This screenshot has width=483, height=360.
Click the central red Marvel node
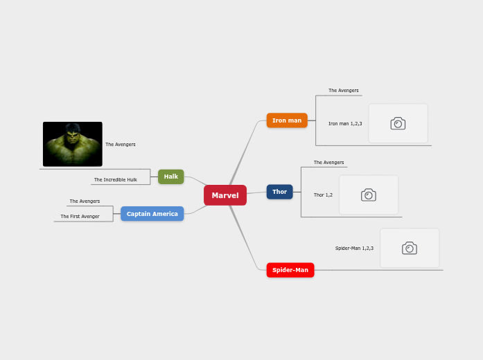[x=225, y=195]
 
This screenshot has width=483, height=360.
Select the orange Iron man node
[x=287, y=120]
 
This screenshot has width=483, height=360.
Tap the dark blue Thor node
[x=279, y=192]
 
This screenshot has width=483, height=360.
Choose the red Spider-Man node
[x=290, y=270]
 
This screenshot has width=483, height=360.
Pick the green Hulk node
[x=171, y=177]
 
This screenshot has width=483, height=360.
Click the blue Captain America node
[x=152, y=214]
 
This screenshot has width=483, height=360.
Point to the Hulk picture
[x=73, y=144]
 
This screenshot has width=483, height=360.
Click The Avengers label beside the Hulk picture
[x=121, y=145]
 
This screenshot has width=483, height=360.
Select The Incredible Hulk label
[x=116, y=180]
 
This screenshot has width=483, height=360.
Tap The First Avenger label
[x=80, y=217]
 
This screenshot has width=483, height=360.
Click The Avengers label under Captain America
[x=85, y=201]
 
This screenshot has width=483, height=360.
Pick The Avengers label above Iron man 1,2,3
[x=344, y=91]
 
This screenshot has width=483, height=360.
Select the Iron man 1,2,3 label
[x=345, y=123]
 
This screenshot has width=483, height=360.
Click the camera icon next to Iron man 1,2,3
[x=398, y=123]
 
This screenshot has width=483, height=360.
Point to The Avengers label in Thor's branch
[x=329, y=163]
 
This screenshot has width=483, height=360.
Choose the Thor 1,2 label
[x=323, y=195]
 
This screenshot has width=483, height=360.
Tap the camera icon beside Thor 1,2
[x=369, y=195]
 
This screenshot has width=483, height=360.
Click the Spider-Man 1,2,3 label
[x=354, y=248]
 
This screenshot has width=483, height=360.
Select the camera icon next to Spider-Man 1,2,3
[x=410, y=248]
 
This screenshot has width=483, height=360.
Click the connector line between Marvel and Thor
[x=256, y=193]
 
